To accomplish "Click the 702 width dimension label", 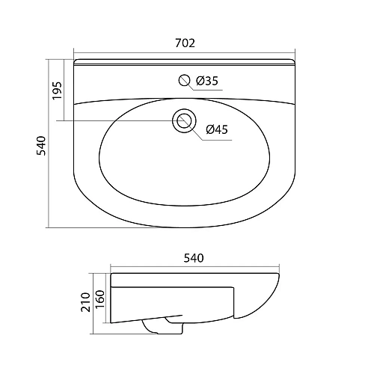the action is click(185, 43).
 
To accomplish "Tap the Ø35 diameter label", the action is click(207, 81).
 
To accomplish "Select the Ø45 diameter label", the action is click(217, 129).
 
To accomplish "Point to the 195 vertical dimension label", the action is click(57, 91).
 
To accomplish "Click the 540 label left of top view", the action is click(41, 146).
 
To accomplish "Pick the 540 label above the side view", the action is click(194, 258).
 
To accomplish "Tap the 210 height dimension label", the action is click(85, 302).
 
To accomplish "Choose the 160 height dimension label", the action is click(99, 299).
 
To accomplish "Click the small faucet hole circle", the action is click(185, 80).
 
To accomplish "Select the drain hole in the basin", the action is click(184, 120).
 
